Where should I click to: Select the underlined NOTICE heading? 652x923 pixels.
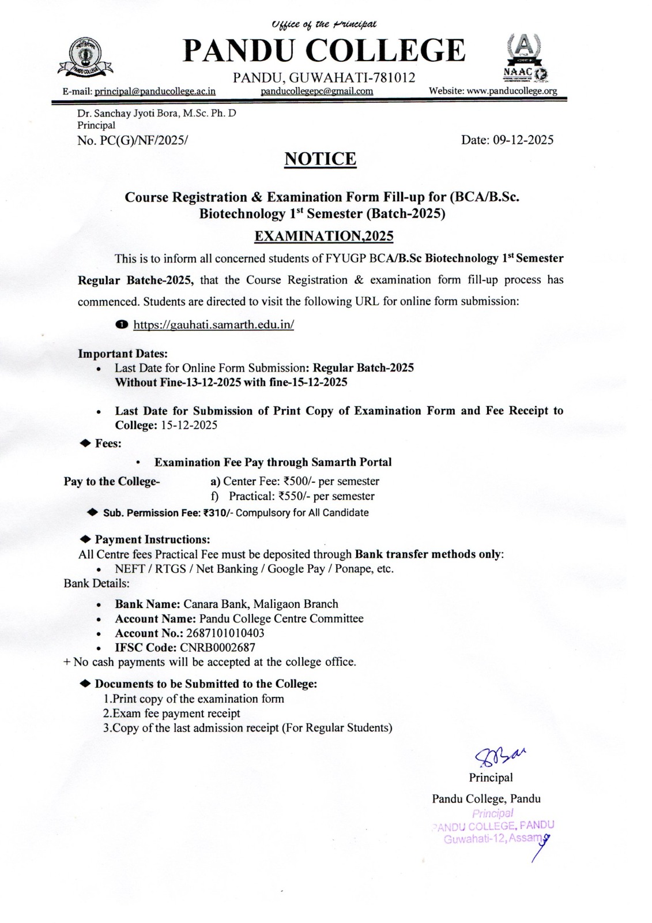click(x=321, y=159)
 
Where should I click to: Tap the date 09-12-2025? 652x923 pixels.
click(x=523, y=140)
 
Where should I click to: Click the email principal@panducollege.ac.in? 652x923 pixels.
click(x=155, y=91)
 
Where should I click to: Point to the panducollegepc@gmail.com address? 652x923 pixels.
click(x=316, y=91)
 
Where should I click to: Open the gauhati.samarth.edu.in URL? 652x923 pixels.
click(x=214, y=325)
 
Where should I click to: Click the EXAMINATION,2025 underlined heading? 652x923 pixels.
click(x=324, y=236)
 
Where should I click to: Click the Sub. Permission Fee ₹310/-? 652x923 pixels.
click(x=217, y=513)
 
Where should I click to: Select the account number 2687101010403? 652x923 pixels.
click(x=225, y=633)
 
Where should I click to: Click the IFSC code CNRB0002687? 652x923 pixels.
click(x=217, y=647)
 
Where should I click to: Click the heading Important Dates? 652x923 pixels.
click(x=123, y=354)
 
